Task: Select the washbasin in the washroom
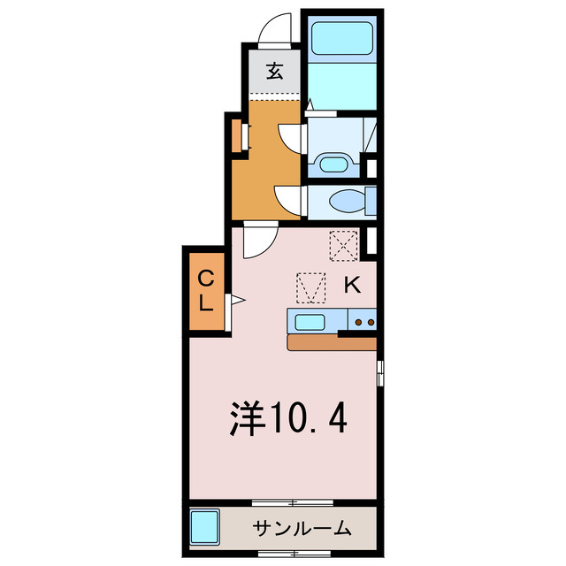(333, 164)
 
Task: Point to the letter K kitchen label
(351, 285)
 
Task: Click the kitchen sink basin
(310, 321)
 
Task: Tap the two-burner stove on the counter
(364, 322)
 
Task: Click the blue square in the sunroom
(206, 529)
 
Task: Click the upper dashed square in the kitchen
(342, 246)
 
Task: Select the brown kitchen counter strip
(332, 343)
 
